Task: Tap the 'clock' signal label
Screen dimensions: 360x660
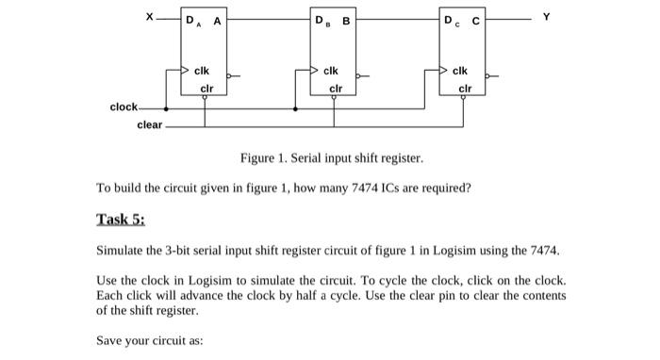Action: click(124, 107)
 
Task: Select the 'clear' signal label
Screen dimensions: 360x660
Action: click(150, 124)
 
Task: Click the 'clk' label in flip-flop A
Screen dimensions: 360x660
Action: click(202, 71)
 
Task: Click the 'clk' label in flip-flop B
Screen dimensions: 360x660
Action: click(331, 71)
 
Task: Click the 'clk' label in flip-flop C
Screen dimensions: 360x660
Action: click(461, 71)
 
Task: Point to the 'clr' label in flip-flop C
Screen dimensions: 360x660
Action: click(463, 90)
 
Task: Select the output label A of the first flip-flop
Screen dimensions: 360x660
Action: click(218, 20)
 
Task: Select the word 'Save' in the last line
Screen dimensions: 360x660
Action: click(110, 341)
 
